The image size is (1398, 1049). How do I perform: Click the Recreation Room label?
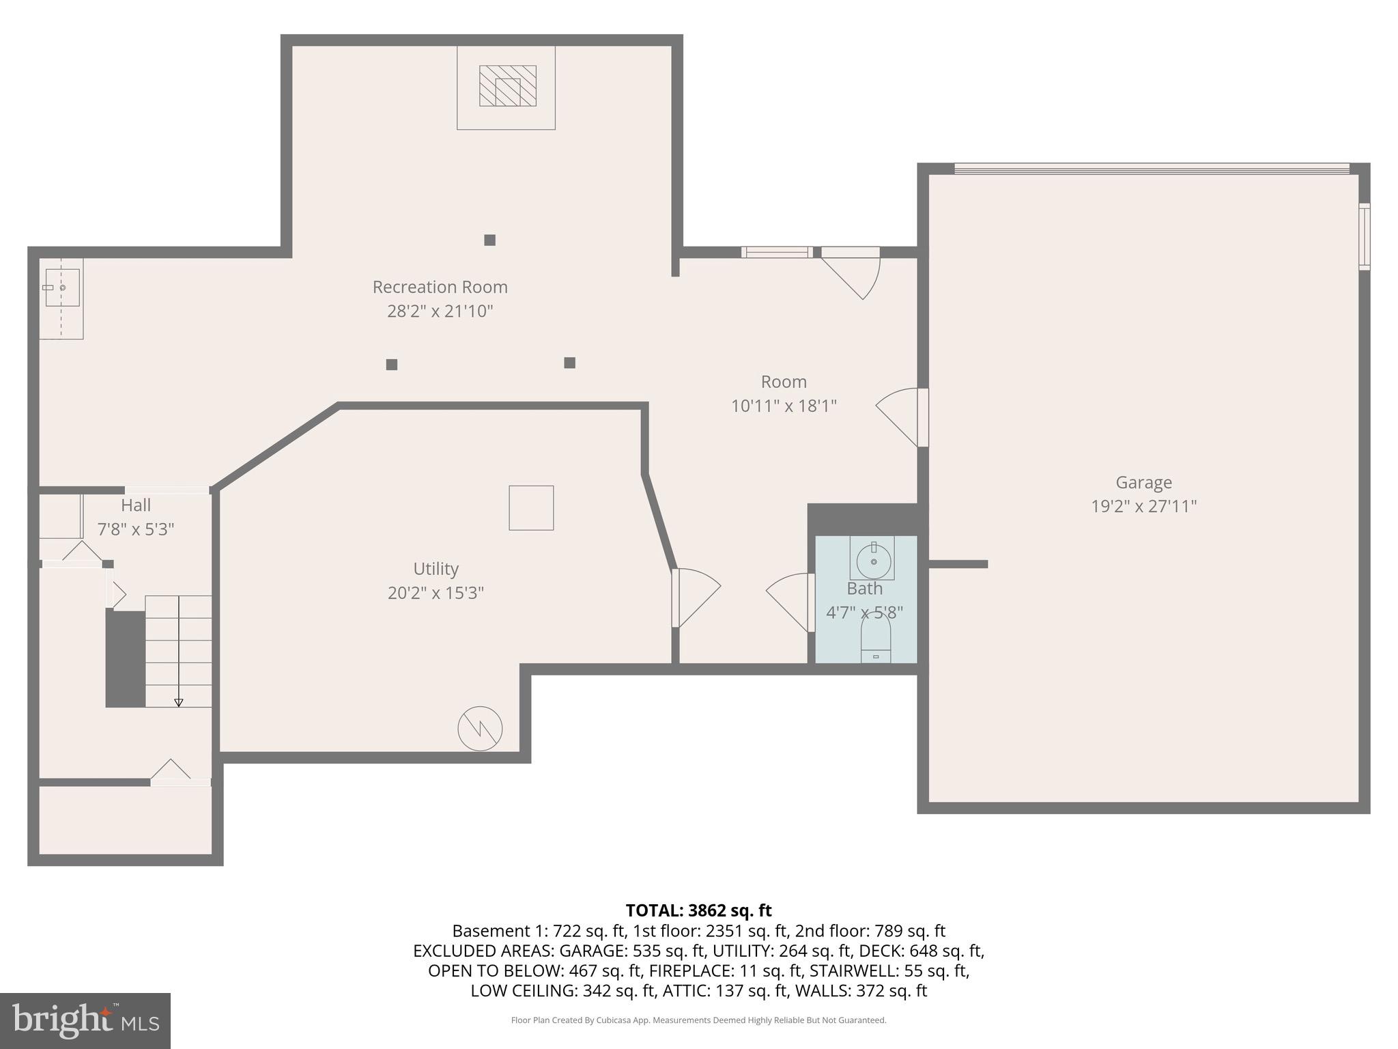click(x=440, y=287)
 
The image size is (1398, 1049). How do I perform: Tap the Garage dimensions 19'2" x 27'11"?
click(x=1143, y=506)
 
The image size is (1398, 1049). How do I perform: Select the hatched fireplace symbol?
click(x=507, y=86)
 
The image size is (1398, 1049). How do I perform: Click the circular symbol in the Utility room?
click(x=480, y=728)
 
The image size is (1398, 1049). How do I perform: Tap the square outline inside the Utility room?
click(x=531, y=507)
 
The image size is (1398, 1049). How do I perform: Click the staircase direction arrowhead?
click(x=179, y=702)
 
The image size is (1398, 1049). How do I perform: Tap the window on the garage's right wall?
click(x=1364, y=236)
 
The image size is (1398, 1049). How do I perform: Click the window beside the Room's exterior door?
click(x=777, y=252)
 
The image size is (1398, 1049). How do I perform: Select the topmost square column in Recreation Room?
click(x=489, y=240)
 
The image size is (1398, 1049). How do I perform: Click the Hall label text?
click(x=136, y=505)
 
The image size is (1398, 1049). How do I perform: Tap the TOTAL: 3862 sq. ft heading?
click(x=698, y=910)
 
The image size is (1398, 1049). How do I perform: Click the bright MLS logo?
click(x=85, y=1020)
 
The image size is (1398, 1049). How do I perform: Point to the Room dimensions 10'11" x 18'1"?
click(x=784, y=406)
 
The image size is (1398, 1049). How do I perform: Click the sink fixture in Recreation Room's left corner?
click(x=61, y=288)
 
